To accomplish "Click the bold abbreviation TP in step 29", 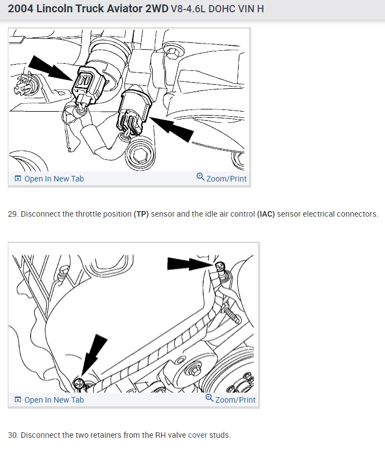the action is tap(141, 214).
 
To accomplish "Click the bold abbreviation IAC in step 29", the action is tap(266, 214).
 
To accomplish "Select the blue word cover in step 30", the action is tap(198, 435).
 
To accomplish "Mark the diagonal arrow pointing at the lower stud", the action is tap(94, 356).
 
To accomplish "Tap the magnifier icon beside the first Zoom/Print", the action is tap(200, 176).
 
